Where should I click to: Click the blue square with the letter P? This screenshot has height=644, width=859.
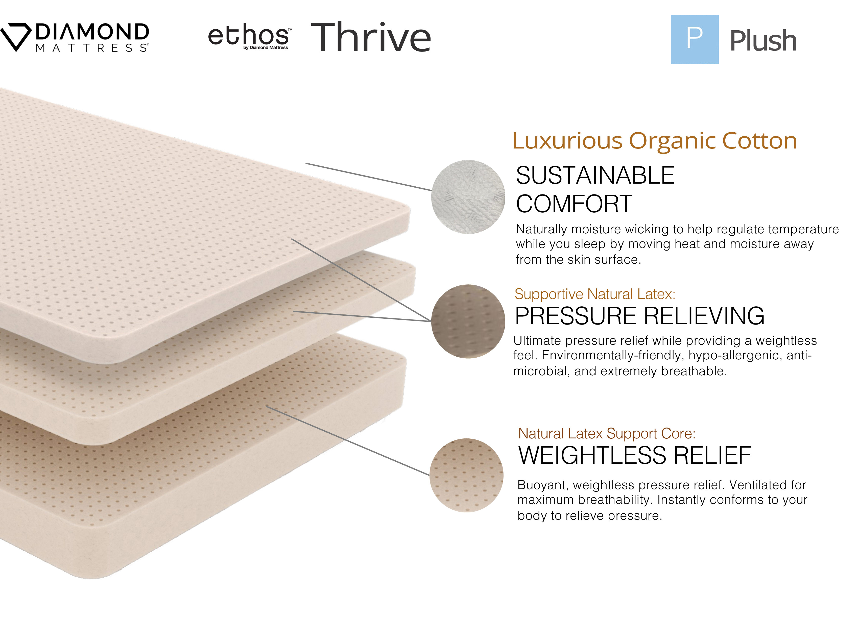coord(694,39)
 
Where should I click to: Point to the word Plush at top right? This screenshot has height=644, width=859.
coord(763,40)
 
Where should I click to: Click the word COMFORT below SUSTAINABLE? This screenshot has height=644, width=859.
coord(574,204)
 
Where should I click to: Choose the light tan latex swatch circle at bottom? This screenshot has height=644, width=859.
coord(466,475)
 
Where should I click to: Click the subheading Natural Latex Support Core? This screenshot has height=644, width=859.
coord(607,434)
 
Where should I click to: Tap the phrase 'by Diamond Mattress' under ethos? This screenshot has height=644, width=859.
coord(266,48)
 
